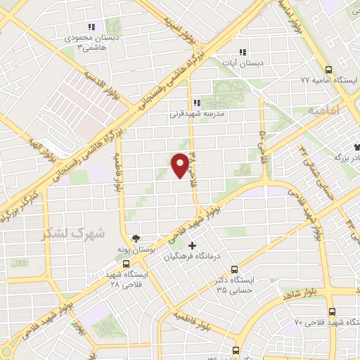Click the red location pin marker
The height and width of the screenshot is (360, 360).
[181, 165]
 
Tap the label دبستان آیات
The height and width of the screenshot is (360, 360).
[243, 63]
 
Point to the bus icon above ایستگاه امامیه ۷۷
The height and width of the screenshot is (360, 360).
[328, 70]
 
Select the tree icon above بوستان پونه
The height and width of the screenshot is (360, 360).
[135, 237]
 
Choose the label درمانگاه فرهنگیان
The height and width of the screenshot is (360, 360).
[192, 257]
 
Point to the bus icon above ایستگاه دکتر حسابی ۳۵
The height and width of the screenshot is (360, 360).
[234, 269]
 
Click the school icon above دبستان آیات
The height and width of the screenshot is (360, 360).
[243, 51]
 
